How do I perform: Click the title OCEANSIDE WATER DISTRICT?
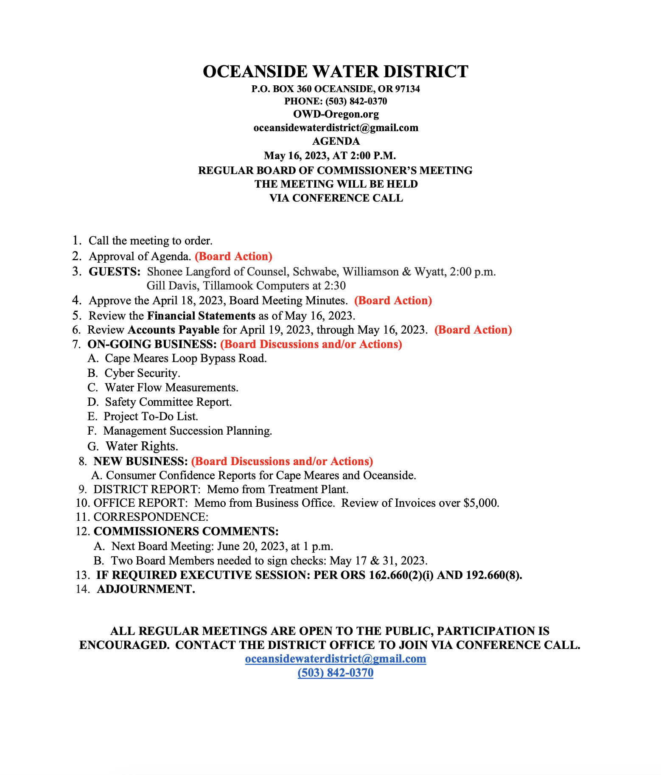coord(335,71)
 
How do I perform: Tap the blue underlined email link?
coord(336,659)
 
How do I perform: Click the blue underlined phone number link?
coord(336,673)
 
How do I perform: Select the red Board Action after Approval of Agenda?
coord(233,256)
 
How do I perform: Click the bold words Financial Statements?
coord(201,316)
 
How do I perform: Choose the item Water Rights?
coord(142,446)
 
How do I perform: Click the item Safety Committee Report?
coord(168,402)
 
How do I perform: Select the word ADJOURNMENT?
coord(146,589)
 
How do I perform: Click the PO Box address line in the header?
coord(336,89)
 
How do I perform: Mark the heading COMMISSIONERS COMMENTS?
coord(186,531)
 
